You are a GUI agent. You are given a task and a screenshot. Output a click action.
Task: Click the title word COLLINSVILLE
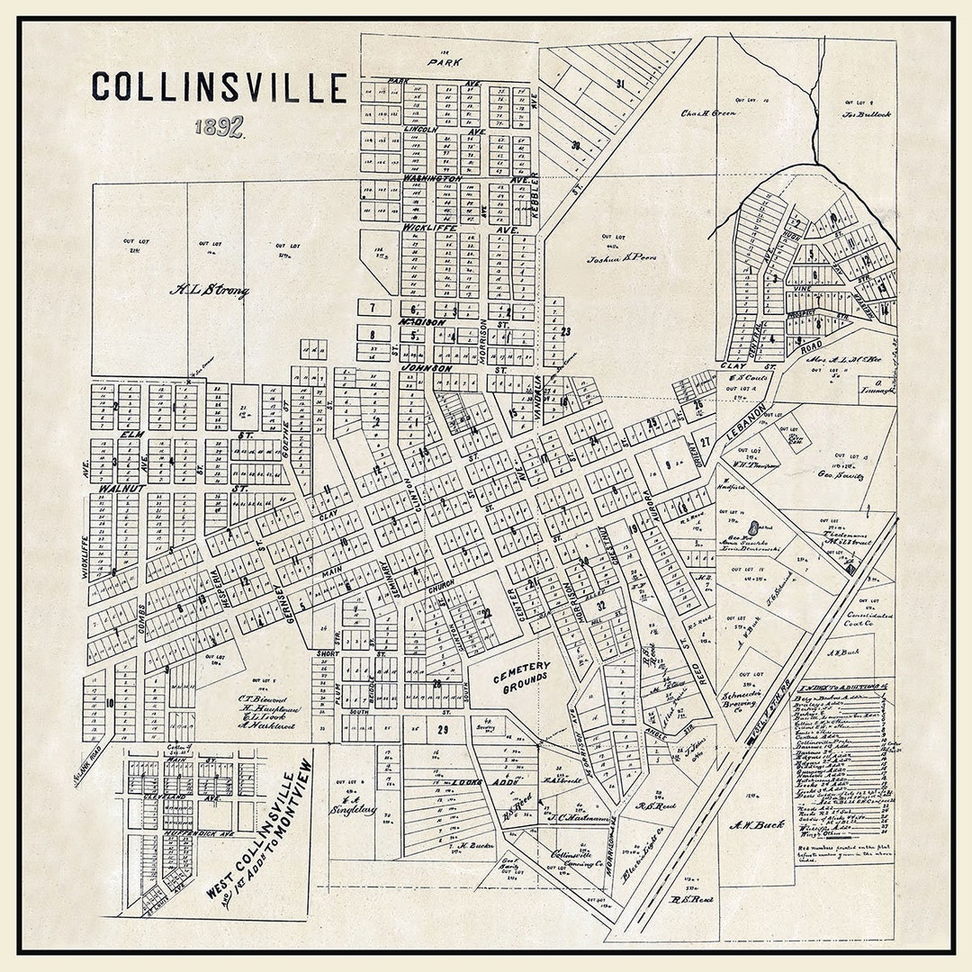219,87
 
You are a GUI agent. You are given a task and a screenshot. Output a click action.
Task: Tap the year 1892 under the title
220,126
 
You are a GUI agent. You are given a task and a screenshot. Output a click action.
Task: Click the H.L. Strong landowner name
210,290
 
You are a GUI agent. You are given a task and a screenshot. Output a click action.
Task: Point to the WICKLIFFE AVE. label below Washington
430,229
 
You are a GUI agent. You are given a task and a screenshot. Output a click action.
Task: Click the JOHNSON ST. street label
427,368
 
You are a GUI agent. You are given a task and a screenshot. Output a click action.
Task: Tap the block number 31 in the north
620,84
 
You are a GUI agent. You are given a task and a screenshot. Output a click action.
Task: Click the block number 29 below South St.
442,730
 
